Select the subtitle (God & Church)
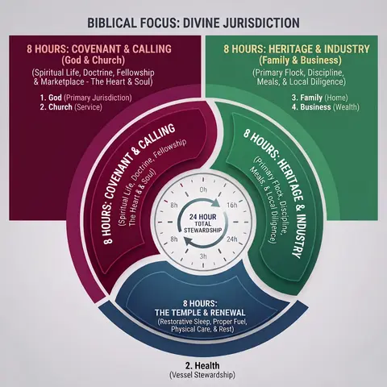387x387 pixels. coord(94,60)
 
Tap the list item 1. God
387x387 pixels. coord(51,98)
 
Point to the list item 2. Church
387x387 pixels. coord(56,107)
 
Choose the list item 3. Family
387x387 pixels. coord(307,98)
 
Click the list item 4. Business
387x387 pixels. coord(311,107)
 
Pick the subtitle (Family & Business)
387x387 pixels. coord(300,60)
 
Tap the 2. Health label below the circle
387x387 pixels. coord(202,365)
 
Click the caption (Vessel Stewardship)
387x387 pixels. coord(202,375)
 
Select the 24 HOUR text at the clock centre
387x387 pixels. coord(202,217)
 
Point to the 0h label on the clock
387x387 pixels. coord(203,189)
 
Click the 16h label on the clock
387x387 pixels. coord(232,206)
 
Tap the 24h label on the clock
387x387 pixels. coord(232,239)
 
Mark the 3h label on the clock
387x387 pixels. coord(203,256)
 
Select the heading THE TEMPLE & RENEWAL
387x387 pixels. coord(200,313)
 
